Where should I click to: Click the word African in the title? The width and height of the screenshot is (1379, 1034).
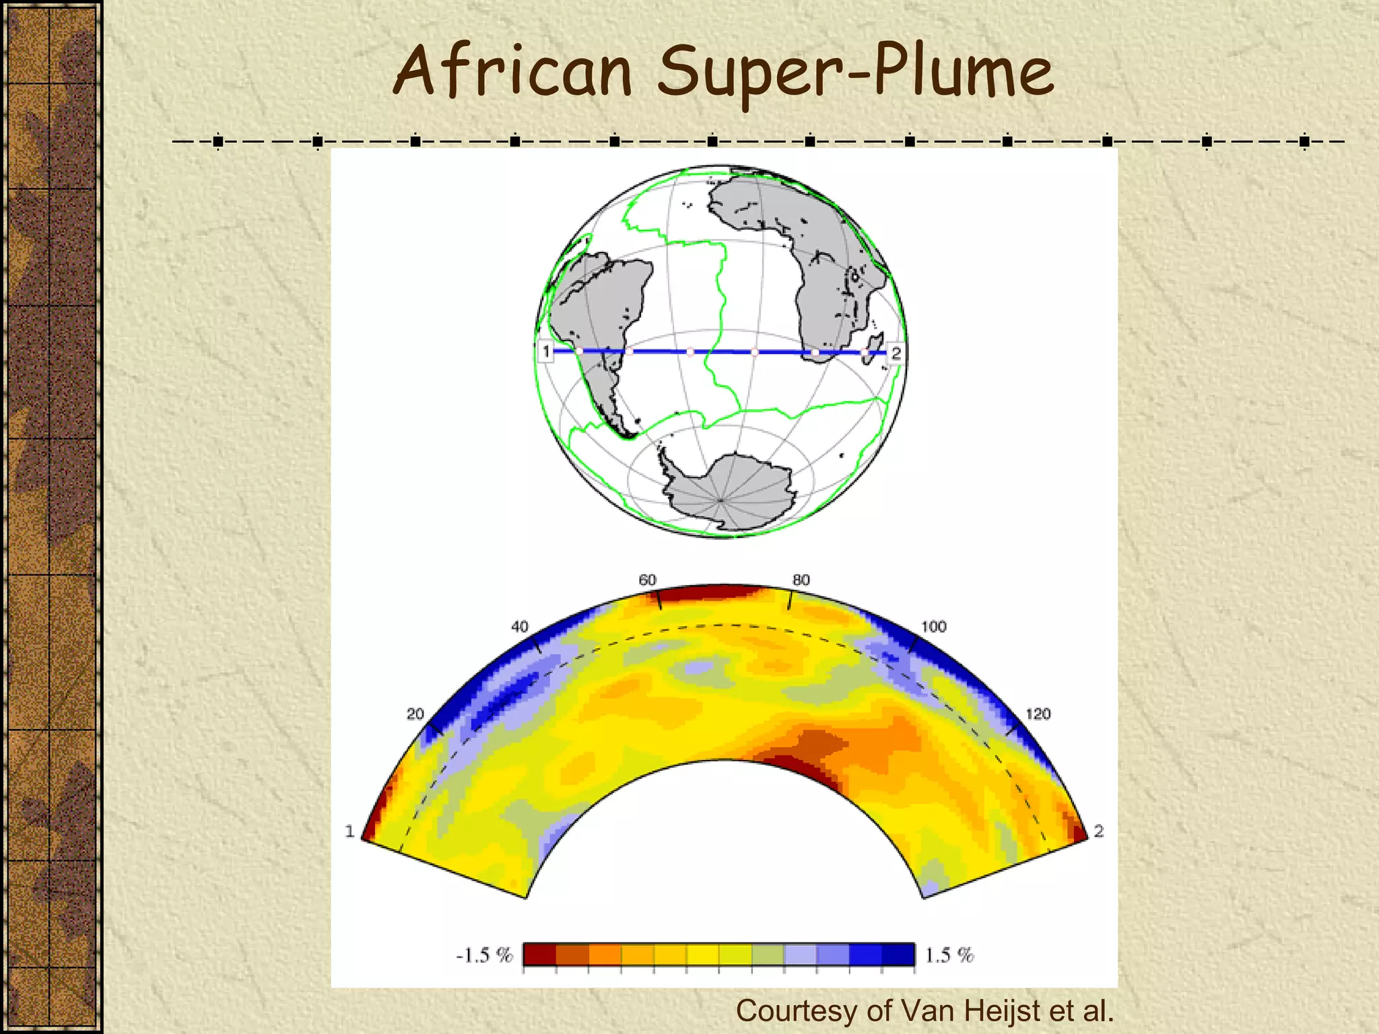click(x=512, y=71)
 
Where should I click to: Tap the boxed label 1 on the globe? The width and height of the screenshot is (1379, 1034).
click(x=546, y=351)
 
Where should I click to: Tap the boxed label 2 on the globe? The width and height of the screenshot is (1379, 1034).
click(x=896, y=353)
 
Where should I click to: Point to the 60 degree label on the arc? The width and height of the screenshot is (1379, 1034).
click(x=647, y=580)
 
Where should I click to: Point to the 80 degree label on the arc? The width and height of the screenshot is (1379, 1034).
click(x=801, y=580)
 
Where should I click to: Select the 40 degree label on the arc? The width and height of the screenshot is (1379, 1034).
click(x=519, y=627)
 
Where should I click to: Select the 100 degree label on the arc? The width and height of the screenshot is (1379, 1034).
click(x=933, y=627)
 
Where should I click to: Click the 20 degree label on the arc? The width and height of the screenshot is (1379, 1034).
click(x=415, y=714)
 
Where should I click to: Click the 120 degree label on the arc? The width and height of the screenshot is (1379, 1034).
click(x=1038, y=714)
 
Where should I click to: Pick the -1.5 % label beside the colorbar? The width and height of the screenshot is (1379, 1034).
click(x=484, y=955)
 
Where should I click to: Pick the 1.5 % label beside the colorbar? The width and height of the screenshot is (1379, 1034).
click(x=949, y=955)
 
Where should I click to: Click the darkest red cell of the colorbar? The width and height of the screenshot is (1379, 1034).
click(x=540, y=955)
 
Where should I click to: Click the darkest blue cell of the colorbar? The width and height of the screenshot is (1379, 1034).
click(x=898, y=955)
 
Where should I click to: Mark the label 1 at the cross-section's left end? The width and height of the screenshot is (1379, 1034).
click(x=349, y=831)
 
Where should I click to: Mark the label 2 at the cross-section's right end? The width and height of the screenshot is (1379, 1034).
click(x=1099, y=831)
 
